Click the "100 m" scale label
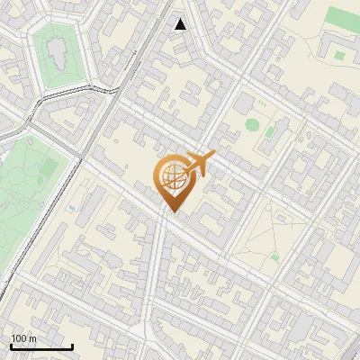[x=23, y=338]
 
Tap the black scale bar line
[x=41, y=347]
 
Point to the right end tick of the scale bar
[x=72, y=346]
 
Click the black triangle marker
[x=181, y=24]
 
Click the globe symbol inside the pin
[x=170, y=177]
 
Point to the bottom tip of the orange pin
[x=171, y=211]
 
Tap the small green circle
[x=252, y=124]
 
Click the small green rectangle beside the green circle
[x=269, y=133]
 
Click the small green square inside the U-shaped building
[x=339, y=55]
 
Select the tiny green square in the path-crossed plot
[x=274, y=256]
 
